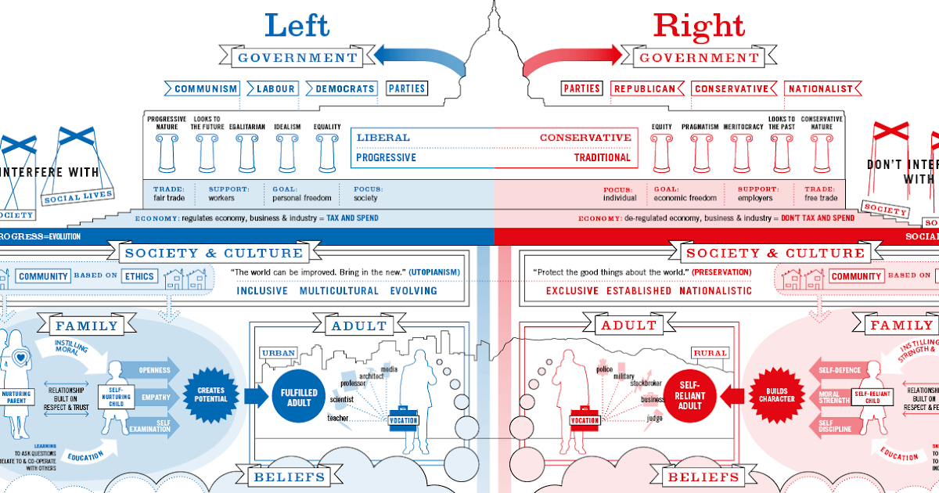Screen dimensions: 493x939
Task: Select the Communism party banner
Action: [206, 88]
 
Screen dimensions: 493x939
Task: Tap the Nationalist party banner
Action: [820, 88]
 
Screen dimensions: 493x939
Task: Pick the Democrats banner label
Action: [345, 88]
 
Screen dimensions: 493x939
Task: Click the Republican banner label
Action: [644, 88]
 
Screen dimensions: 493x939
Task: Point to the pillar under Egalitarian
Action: [248, 153]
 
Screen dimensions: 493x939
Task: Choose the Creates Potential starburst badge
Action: [211, 394]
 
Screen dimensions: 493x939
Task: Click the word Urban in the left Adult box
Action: [279, 353]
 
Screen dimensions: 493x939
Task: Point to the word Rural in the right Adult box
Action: [709, 353]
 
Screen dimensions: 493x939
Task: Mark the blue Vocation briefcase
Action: [403, 417]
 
